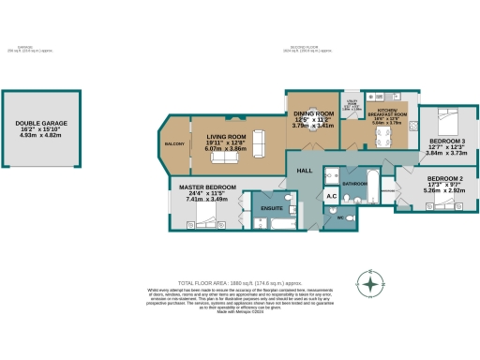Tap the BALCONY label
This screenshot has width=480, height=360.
coord(175,144)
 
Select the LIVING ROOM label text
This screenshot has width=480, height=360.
coord(225,136)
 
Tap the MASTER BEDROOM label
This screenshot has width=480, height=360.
coord(206,187)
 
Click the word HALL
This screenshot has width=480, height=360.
coord(305,171)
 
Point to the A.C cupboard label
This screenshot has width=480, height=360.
coord(331,195)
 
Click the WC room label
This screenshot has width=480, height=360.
coord(340,218)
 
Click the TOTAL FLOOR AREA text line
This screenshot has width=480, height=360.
coord(239,281)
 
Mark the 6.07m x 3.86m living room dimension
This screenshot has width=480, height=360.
coord(225,149)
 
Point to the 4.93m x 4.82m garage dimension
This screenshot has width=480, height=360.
coord(39,136)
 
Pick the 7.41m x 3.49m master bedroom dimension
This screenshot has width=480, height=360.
coord(206,200)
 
